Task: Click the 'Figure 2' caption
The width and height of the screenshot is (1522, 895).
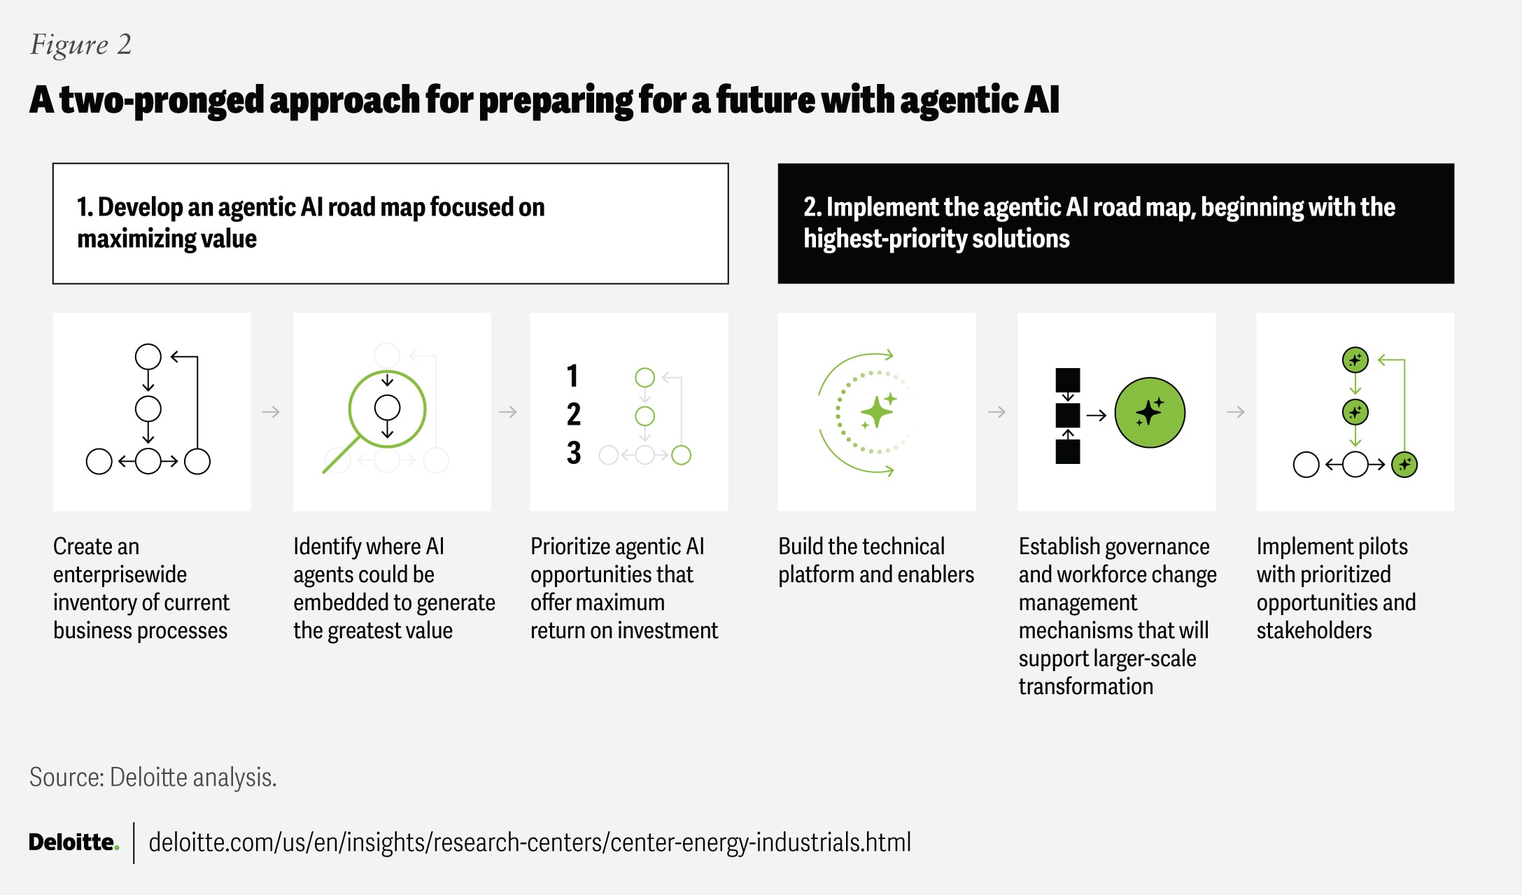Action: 80,45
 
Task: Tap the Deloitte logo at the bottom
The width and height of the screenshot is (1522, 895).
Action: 73,842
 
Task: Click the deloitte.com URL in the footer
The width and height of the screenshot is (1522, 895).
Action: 530,843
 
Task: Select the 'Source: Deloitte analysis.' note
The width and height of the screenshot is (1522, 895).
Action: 153,777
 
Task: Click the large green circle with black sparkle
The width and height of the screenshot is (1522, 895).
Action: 1150,413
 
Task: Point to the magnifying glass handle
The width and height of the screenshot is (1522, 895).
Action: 341,454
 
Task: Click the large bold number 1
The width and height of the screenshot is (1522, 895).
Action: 572,376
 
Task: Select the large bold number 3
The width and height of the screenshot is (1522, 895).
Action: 574,453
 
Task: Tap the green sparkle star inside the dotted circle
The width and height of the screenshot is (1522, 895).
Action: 877,411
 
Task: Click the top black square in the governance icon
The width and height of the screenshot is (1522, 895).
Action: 1068,380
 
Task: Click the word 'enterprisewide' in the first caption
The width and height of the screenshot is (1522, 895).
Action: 120,575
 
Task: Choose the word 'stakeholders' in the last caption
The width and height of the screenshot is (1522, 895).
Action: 1313,630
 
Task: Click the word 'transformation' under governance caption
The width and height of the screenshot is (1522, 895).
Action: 1085,686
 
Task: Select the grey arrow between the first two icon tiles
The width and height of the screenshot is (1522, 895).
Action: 271,412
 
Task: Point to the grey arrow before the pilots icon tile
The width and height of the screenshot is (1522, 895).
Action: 1236,412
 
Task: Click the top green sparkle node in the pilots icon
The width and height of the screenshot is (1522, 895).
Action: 1355,360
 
